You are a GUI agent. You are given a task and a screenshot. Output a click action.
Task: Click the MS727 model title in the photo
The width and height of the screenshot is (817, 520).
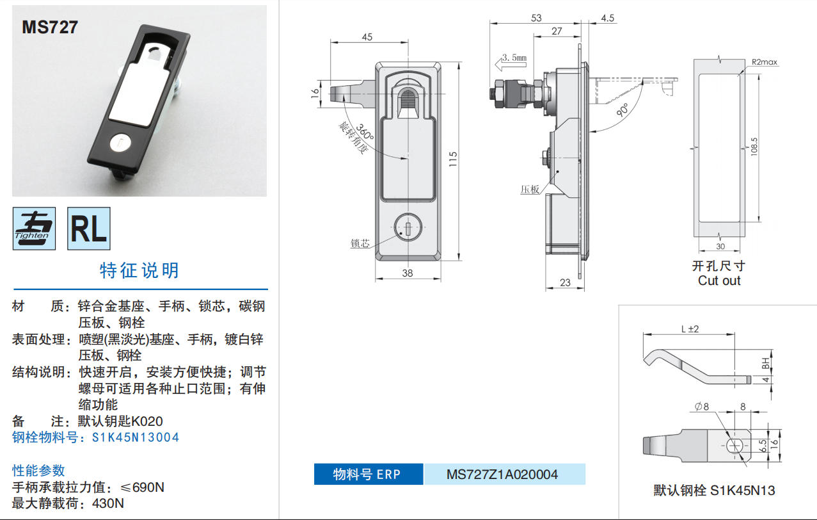pyautogui.click(x=50, y=27)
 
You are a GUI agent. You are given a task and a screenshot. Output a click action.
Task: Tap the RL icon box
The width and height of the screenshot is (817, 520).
pyautogui.click(x=89, y=229)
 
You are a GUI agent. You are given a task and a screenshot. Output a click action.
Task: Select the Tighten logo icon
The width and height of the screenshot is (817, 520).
pyautogui.click(x=35, y=229)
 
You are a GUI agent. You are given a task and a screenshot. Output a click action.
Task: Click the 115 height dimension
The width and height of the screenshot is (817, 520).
pyautogui.click(x=452, y=159)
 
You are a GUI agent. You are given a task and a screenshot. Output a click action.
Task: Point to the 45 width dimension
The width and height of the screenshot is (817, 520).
pyautogui.click(x=367, y=37)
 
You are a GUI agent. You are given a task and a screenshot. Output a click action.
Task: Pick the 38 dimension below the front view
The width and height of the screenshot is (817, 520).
pyautogui.click(x=408, y=273)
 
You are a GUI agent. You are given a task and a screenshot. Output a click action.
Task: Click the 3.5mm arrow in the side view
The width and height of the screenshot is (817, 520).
pyautogui.click(x=511, y=63)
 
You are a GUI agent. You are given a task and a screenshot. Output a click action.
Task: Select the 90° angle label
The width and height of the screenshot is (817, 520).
pyautogui.click(x=623, y=110)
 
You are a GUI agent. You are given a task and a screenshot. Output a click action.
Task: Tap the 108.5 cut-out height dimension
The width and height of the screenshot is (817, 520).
pyautogui.click(x=754, y=147)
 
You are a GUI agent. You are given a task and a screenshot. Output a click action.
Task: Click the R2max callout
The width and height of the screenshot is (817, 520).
pyautogui.click(x=765, y=62)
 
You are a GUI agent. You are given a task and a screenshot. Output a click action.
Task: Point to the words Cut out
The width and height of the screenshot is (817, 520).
pyautogui.click(x=719, y=280)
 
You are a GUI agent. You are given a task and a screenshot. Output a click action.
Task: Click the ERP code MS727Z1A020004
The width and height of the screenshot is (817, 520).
pyautogui.click(x=502, y=475)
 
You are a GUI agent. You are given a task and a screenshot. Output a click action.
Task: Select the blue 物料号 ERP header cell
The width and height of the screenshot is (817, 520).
pyautogui.click(x=369, y=474)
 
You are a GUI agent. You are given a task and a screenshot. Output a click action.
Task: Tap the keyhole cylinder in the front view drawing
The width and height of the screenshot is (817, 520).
pyautogui.click(x=408, y=227)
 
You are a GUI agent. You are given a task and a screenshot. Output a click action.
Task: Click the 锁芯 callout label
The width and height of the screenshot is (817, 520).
pyautogui.click(x=360, y=243)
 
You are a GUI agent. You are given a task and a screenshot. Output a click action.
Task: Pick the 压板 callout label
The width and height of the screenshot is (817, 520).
pyautogui.click(x=530, y=189)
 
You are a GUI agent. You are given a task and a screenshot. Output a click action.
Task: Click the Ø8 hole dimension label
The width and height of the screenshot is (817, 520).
pyautogui.click(x=702, y=407)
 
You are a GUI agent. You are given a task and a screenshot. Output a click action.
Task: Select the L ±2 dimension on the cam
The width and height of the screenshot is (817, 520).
pyautogui.click(x=690, y=329)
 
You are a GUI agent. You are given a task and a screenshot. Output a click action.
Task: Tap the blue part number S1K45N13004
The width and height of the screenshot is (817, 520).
pyautogui.click(x=136, y=437)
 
